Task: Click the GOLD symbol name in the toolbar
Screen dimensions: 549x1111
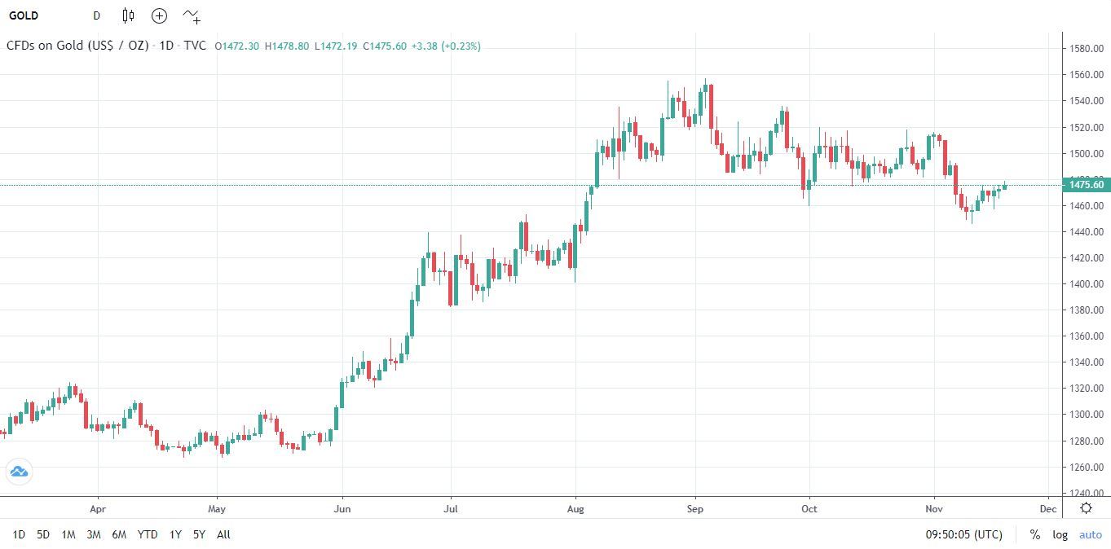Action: tap(24, 15)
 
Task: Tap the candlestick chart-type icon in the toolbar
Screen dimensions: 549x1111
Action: tap(128, 15)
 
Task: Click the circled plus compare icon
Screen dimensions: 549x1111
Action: tap(159, 15)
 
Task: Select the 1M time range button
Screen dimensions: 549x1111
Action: tap(68, 534)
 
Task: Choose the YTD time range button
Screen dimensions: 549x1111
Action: tap(148, 534)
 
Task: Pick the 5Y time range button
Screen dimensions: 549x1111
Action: tap(199, 534)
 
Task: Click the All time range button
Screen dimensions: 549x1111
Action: tap(223, 534)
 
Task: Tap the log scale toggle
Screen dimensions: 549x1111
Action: tap(1060, 534)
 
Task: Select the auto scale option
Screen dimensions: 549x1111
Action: tap(1090, 534)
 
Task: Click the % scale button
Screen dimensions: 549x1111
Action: tap(1034, 534)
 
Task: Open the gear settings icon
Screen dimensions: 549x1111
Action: tap(1086, 508)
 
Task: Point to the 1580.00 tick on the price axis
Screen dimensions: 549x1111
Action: tap(1087, 49)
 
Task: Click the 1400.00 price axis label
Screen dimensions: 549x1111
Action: tap(1087, 284)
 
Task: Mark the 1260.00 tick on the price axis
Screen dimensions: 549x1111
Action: tap(1087, 467)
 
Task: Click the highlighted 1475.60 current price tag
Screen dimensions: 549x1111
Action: tap(1087, 185)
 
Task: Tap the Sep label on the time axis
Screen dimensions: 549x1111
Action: tap(694, 509)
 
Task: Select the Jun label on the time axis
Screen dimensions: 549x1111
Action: tap(342, 509)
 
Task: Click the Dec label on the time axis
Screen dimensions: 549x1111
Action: tap(1048, 509)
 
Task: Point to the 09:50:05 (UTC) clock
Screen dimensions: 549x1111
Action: tap(963, 534)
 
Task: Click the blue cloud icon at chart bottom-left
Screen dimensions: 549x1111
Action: tap(18, 472)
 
